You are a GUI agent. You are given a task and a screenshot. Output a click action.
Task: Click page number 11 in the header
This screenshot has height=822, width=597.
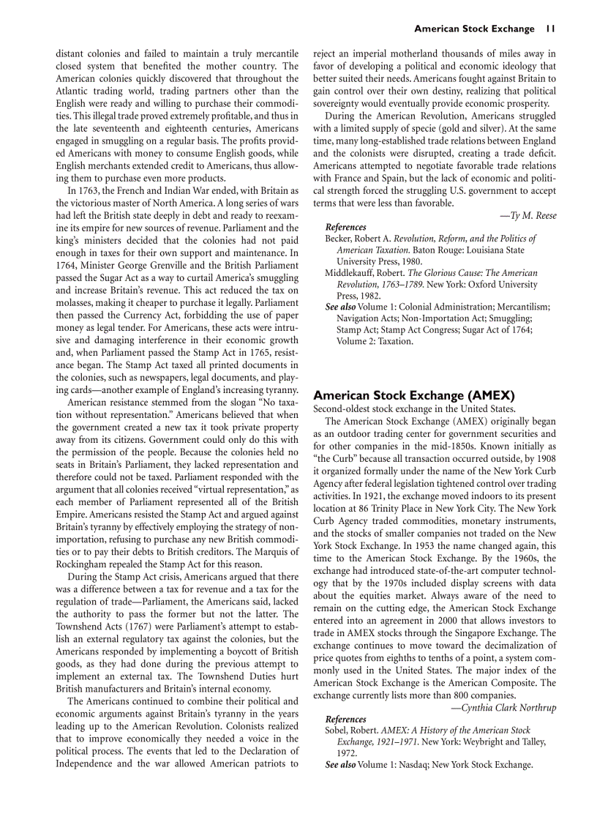pos(550,29)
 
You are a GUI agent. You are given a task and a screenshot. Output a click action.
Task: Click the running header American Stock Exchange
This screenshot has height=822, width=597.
pos(474,29)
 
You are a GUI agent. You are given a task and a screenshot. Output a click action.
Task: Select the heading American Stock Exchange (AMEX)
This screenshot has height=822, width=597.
pos(414,395)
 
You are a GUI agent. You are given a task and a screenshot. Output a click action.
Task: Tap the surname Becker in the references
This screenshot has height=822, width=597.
pos(340,239)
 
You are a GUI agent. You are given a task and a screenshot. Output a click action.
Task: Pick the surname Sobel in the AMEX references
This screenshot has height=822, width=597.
pos(338,731)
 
